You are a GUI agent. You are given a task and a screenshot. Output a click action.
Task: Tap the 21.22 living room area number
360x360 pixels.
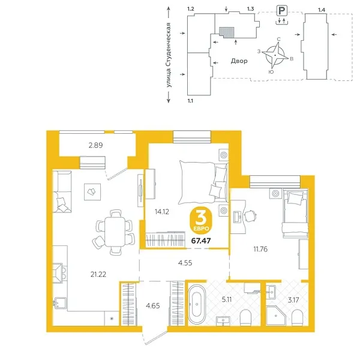click(x=82, y=275)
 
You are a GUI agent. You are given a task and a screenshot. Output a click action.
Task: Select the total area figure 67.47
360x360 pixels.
click(x=201, y=242)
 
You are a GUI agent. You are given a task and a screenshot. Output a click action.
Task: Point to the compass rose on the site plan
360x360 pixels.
click(x=277, y=55)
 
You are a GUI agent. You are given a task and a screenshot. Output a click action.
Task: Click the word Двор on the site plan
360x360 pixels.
click(x=239, y=61)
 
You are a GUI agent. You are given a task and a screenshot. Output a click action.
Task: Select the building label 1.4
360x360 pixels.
click(x=322, y=10)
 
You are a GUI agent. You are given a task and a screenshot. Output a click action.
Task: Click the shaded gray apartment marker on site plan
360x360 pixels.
click(x=225, y=32)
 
